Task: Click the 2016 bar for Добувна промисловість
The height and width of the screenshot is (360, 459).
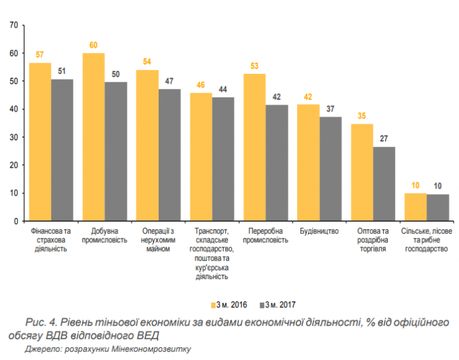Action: (x=94, y=137)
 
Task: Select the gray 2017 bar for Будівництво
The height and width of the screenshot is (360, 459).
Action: (x=330, y=169)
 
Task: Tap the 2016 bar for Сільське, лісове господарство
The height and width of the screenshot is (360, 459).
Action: (x=416, y=207)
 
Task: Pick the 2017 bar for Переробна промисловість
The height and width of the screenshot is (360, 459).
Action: (x=277, y=162)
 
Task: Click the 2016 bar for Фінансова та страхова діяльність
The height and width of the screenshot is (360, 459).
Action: (x=40, y=141)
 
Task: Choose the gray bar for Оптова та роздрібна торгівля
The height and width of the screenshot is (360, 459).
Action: (x=384, y=184)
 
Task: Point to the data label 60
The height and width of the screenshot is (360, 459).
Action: (x=94, y=46)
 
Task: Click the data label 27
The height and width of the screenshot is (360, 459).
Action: (x=384, y=140)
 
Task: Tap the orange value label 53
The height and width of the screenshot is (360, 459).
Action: (x=254, y=67)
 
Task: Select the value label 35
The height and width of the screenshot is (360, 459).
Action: (x=362, y=117)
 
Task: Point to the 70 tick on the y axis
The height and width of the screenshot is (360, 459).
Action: (x=13, y=25)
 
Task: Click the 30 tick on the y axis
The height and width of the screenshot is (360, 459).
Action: (x=13, y=137)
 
